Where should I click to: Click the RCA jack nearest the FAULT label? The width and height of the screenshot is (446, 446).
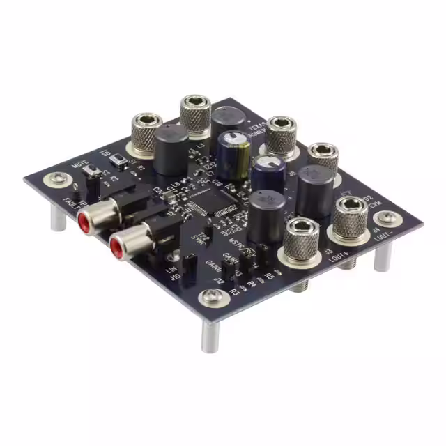84,222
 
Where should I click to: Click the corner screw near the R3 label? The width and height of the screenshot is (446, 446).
210,299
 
